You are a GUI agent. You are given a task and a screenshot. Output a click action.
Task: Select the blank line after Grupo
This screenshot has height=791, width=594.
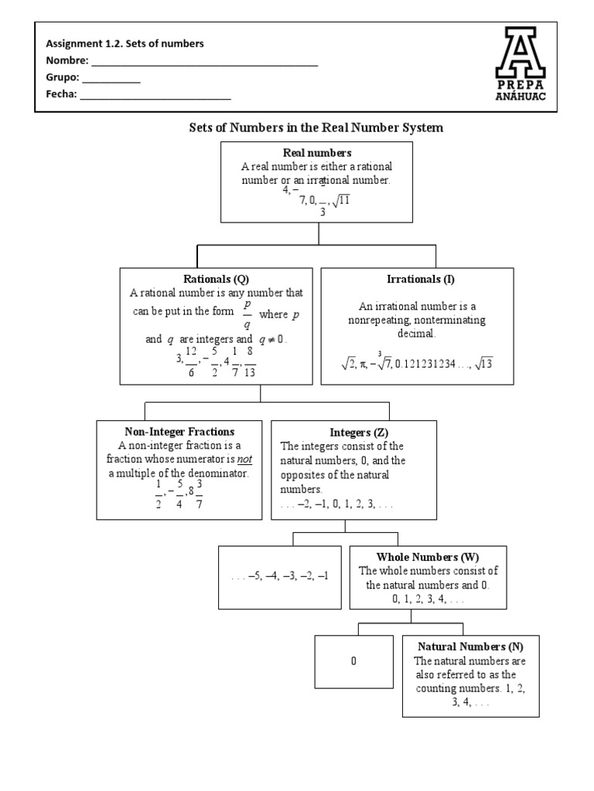[111, 80]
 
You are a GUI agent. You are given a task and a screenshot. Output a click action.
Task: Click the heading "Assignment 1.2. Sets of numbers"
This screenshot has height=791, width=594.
[125, 44]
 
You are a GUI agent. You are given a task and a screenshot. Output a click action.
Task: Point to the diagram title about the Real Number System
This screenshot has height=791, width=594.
[316, 127]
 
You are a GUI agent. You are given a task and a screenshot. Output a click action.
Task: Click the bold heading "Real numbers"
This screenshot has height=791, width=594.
[317, 153]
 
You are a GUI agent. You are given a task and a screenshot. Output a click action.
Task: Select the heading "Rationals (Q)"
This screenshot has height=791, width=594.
[216, 279]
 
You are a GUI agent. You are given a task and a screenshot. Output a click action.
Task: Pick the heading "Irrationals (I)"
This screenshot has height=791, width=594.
[417, 279]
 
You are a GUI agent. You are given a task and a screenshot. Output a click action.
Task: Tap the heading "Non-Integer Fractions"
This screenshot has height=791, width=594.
[179, 432]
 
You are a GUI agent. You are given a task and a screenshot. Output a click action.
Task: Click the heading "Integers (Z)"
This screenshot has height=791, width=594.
[353, 432]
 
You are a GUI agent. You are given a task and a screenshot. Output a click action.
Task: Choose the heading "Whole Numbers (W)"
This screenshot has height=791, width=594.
[428, 557]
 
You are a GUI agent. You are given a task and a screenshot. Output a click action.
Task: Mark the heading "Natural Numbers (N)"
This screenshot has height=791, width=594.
[470, 647]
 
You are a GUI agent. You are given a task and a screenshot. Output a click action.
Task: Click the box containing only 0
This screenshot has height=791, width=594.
[353, 662]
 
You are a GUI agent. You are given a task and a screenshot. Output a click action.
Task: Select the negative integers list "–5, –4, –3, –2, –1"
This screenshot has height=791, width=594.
[280, 577]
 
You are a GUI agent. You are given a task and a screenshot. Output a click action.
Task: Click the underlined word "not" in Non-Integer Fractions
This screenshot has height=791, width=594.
[244, 460]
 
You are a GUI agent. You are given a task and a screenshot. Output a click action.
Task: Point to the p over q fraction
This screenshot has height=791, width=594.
[247, 314]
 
